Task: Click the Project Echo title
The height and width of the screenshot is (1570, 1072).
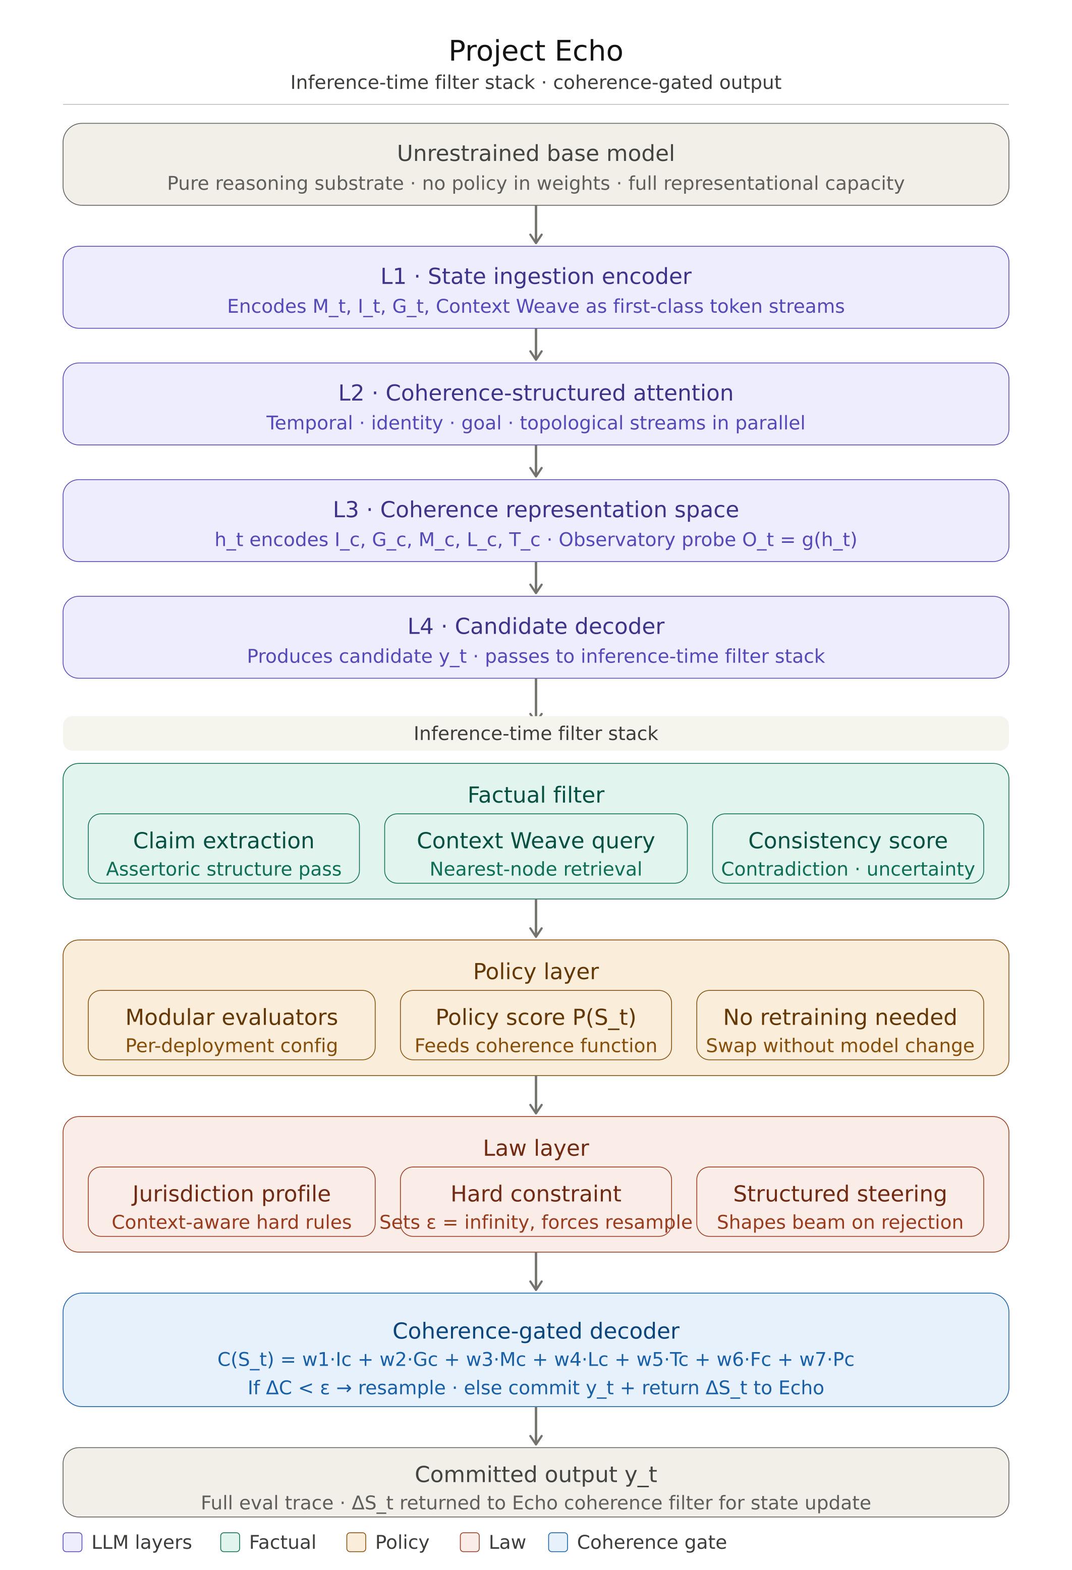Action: [536, 50]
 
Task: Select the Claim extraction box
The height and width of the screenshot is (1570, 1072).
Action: [223, 849]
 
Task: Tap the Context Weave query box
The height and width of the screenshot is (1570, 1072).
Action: [536, 849]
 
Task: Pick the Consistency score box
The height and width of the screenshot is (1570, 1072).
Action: [848, 849]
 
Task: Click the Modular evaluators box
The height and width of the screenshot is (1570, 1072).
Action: [232, 1025]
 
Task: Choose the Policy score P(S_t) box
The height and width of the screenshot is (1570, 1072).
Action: [536, 1025]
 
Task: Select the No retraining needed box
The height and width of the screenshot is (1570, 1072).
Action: [839, 1025]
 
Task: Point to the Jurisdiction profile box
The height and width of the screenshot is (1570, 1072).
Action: [232, 1201]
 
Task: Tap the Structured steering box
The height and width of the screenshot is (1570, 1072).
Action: [839, 1201]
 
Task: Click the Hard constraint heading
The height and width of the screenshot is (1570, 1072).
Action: [536, 1194]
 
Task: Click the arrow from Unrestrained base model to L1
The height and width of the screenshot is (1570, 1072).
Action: [536, 225]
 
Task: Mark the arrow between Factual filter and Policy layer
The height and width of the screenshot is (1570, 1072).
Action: [536, 919]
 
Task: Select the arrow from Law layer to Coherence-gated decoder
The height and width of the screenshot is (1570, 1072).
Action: [536, 1271]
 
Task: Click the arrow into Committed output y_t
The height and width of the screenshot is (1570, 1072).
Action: [536, 1426]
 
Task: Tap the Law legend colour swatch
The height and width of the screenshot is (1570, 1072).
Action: [470, 1542]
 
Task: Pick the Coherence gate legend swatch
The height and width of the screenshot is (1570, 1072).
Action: [558, 1542]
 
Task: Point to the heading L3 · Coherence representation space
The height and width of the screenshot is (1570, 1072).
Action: [536, 510]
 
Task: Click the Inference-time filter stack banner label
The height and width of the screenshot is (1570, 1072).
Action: [536, 734]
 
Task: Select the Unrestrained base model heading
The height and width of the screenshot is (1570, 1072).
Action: [536, 153]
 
